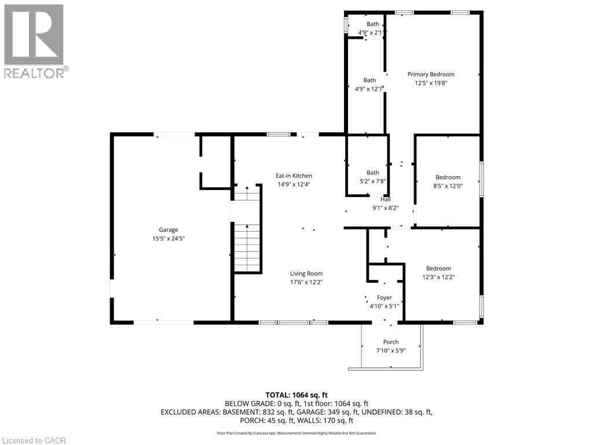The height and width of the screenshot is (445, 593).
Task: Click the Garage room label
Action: pyautogui.click(x=169, y=229)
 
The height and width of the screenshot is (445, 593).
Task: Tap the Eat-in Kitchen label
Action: pyautogui.click(x=294, y=176)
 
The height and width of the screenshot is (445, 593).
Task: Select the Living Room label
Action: pyautogui.click(x=306, y=273)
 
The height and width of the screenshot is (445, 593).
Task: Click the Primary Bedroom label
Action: pyautogui.click(x=431, y=74)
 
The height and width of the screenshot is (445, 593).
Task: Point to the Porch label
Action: pyautogui.click(x=391, y=342)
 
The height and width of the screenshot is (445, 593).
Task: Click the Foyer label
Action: pyautogui.click(x=385, y=297)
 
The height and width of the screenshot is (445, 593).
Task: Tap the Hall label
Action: pyautogui.click(x=385, y=199)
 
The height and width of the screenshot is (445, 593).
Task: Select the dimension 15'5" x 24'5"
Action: pyautogui.click(x=169, y=238)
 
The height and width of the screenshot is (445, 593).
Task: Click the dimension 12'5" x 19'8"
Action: pyautogui.click(x=431, y=83)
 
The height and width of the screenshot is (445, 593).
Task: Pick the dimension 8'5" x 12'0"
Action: pyautogui.click(x=448, y=186)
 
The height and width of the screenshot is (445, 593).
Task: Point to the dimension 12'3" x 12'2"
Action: pyautogui.click(x=438, y=277)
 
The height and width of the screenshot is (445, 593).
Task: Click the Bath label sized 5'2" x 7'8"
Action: pyautogui.click(x=372, y=173)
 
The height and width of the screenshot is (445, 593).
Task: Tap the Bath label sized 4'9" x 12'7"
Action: pyautogui.click(x=369, y=81)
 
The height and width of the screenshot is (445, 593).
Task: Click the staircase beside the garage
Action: pyautogui.click(x=247, y=232)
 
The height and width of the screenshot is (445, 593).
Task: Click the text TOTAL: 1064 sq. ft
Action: pyautogui.click(x=296, y=395)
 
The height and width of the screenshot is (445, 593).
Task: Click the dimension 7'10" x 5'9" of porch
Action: pyautogui.click(x=391, y=351)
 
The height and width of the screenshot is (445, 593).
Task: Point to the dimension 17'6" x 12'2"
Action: pyautogui.click(x=306, y=282)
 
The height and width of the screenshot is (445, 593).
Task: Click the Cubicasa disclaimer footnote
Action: pyautogui.click(x=296, y=433)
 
